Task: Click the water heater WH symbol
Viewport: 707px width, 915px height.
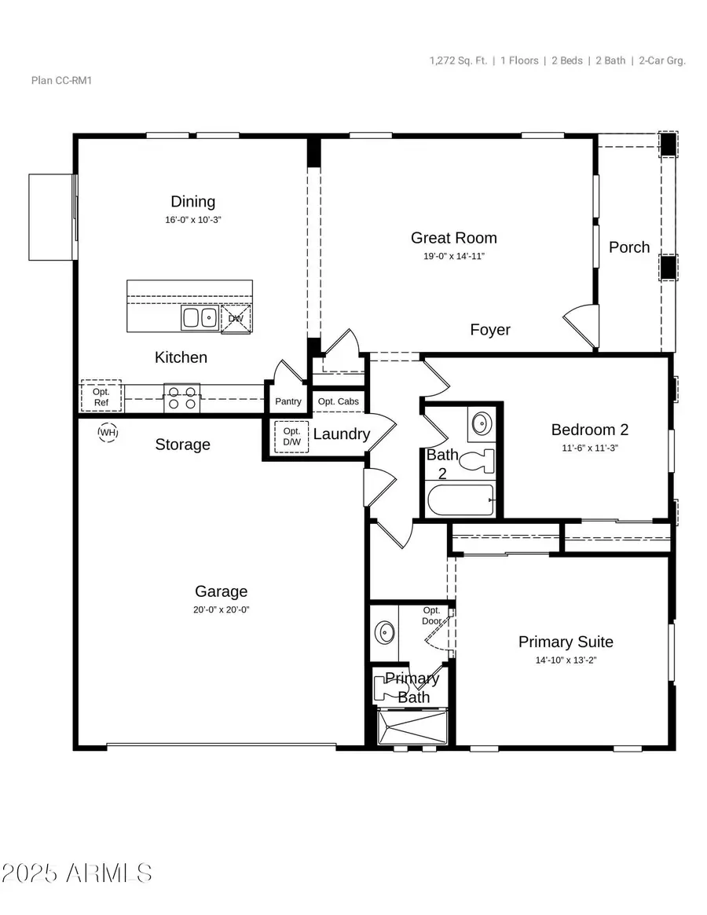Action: [108, 432]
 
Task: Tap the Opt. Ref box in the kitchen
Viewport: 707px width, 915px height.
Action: [101, 397]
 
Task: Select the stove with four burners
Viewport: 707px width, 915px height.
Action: [181, 397]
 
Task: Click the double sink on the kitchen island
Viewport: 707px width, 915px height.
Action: [200, 317]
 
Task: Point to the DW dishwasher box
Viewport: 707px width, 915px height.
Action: [236, 319]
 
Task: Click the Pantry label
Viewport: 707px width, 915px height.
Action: [288, 401]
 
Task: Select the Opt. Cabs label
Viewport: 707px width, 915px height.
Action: [339, 401]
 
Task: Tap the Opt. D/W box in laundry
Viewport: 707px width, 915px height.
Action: [291, 437]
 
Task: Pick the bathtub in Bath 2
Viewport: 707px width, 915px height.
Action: [460, 500]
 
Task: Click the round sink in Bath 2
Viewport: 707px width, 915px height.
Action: [480, 425]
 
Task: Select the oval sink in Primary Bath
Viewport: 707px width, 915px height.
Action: [385, 631]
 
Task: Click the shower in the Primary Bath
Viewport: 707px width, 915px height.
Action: [412, 726]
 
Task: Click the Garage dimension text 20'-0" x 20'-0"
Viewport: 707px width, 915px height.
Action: [222, 609]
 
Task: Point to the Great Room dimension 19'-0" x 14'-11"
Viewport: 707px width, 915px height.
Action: [454, 256]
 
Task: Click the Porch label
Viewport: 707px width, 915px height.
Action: [629, 247]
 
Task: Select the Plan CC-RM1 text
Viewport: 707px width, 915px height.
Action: [56, 80]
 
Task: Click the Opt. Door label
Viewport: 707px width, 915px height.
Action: [433, 615]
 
